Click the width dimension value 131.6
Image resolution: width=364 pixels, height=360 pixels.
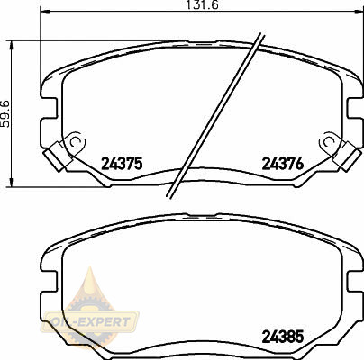pyautogui.click(x=202, y=4)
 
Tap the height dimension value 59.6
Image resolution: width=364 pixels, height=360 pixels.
pyautogui.click(x=6, y=114)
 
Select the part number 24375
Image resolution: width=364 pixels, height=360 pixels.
pyautogui.click(x=122, y=164)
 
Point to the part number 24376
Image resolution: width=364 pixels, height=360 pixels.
pyautogui.click(x=283, y=164)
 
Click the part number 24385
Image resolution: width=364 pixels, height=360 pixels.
pyautogui.click(x=283, y=337)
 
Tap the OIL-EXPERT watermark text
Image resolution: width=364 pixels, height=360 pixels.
pyautogui.click(x=90, y=322)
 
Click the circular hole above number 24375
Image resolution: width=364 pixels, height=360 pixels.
pyautogui.click(x=76, y=141)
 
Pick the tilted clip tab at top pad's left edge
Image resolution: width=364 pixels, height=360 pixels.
pyautogui.click(x=57, y=157)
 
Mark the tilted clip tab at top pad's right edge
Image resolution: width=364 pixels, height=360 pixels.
pyautogui.click(x=347, y=157)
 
